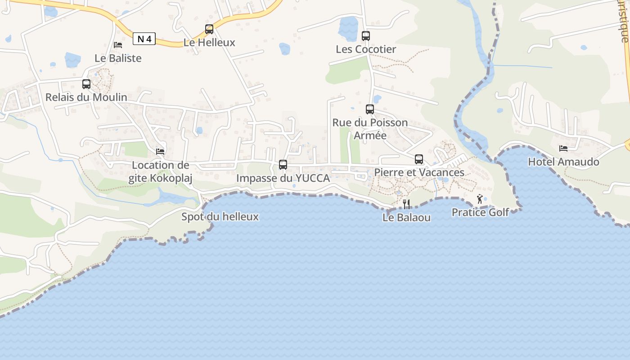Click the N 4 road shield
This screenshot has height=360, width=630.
[144, 39]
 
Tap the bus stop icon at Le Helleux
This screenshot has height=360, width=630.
[209, 29]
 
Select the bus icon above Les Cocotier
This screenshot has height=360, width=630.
[366, 36]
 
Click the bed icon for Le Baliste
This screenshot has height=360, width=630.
[118, 45]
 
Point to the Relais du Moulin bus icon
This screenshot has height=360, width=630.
[86, 84]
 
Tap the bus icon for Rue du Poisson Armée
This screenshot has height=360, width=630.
[370, 109]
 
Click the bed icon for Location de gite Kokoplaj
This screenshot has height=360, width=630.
[160, 151]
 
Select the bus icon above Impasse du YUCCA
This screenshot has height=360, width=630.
[283, 164]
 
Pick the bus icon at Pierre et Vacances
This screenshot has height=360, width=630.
[419, 159]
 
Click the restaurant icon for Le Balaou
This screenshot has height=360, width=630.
[406, 204]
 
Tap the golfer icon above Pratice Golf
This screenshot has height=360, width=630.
[480, 198]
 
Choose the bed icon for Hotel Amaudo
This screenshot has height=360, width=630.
[563, 148]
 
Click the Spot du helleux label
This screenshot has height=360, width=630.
[220, 217]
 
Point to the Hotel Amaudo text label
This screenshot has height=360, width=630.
[563, 162]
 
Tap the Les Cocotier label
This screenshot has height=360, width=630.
[366, 49]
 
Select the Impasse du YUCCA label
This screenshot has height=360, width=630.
[283, 178]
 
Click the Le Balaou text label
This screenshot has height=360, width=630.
[406, 218]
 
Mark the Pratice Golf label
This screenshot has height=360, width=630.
[480, 212]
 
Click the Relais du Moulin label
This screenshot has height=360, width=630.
[86, 97]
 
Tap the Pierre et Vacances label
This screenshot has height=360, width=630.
[419, 173]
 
